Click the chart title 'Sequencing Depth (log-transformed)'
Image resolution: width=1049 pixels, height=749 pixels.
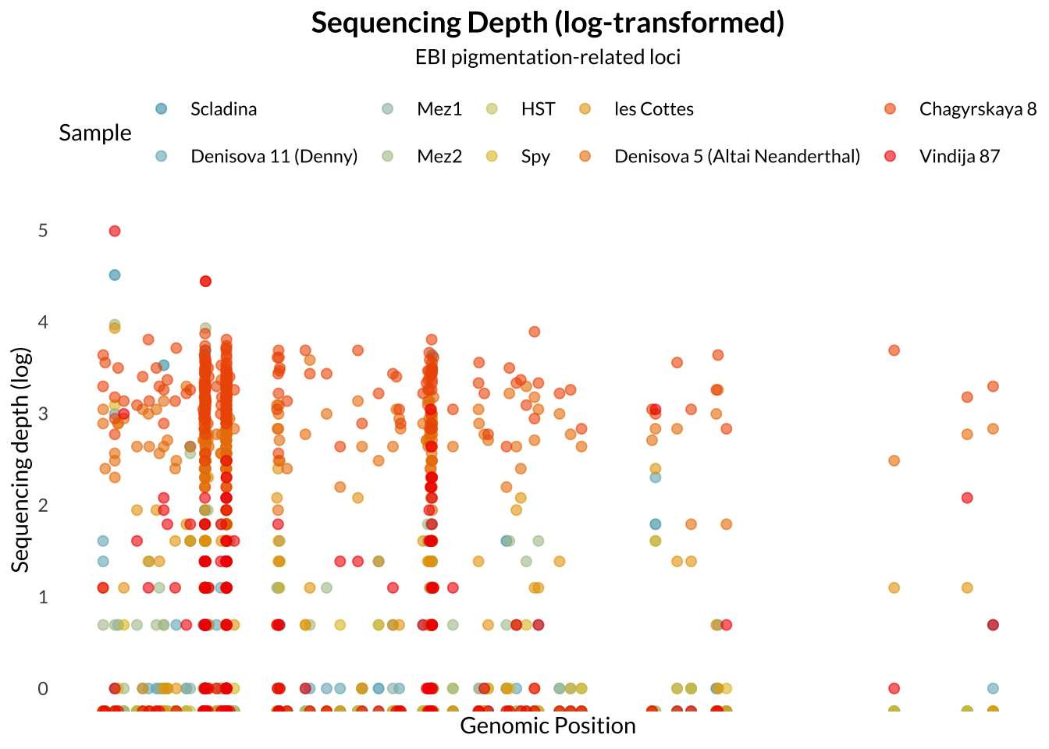[548, 23]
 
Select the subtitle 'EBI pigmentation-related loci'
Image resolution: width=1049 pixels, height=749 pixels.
[548, 57]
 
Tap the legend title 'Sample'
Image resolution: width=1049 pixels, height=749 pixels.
[95, 133]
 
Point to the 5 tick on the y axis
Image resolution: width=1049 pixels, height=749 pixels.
[43, 231]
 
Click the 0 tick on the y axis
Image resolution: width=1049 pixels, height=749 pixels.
[43, 688]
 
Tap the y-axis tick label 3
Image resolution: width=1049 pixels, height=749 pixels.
[43, 414]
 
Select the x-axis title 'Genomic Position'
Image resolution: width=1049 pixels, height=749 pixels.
[548, 726]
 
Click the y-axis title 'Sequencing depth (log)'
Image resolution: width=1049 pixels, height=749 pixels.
[21, 460]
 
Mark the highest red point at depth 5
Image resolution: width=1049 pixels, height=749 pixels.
[115, 231]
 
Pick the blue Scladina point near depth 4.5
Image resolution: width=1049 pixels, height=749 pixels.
[115, 275]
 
